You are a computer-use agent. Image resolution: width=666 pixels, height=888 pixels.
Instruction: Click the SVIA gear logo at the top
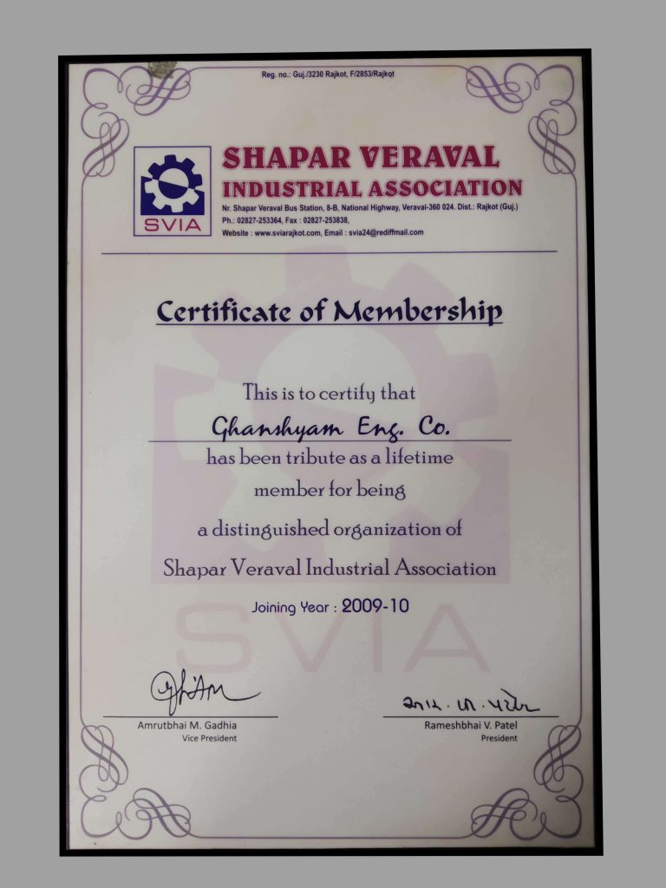(173, 190)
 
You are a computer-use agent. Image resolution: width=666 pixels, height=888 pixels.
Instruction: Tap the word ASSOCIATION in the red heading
(444, 188)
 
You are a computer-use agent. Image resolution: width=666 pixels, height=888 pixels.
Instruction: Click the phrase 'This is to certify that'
(329, 393)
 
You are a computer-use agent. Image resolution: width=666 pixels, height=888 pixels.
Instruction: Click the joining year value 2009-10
(375, 606)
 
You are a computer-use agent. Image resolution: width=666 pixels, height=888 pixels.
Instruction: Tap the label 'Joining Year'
(292, 608)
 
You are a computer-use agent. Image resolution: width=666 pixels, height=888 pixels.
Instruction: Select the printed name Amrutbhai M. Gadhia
(187, 725)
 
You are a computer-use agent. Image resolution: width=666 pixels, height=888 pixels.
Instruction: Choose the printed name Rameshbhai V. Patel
(470, 725)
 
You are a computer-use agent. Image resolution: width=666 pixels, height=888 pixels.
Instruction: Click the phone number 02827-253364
(266, 220)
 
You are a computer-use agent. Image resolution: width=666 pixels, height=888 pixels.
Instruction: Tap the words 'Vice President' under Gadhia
(209, 738)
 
